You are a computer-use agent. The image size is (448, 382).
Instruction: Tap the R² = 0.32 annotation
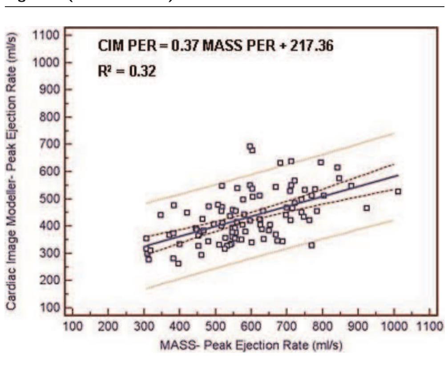pyautogui.click(x=127, y=71)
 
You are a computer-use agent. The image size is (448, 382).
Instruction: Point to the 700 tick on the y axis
pyautogui.click(x=56, y=144)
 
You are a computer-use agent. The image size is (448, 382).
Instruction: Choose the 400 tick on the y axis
pyautogui.click(x=56, y=226)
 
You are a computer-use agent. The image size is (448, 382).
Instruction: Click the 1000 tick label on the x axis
pyautogui.click(x=394, y=326)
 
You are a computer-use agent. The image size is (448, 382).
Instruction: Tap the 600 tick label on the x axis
pyautogui.click(x=251, y=326)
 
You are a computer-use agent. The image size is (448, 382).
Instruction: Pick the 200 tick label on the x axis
pyautogui.click(x=108, y=326)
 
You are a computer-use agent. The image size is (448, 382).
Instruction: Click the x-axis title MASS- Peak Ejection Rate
pyautogui.click(x=251, y=345)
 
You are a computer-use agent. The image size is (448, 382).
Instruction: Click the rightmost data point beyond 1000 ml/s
pyautogui.click(x=398, y=191)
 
